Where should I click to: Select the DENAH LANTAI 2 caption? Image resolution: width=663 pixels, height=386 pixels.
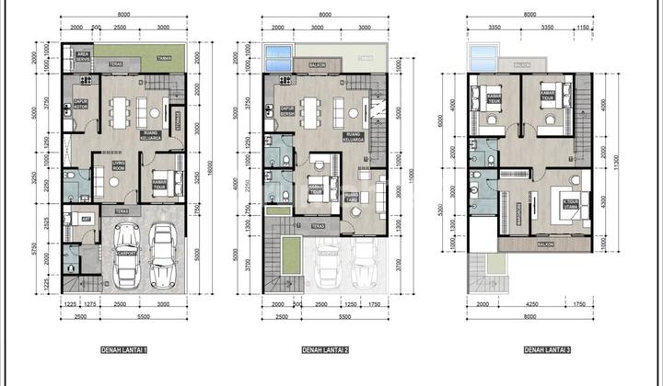(x=322, y=350)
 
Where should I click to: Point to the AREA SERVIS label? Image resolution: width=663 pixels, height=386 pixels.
(x=82, y=59)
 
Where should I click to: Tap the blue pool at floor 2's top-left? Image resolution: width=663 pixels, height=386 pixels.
(x=279, y=57)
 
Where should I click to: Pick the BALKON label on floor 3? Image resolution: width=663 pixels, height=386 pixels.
(x=546, y=245)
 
